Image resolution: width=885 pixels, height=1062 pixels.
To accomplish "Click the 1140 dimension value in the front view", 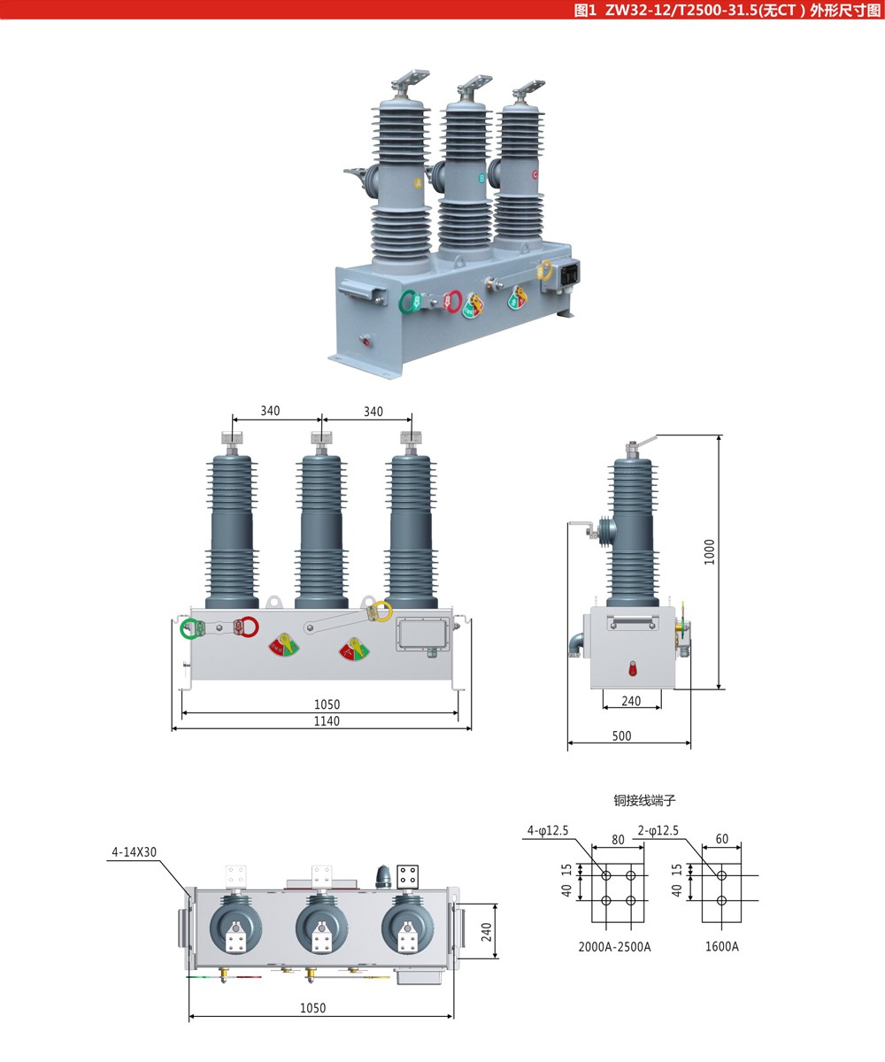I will [327, 721].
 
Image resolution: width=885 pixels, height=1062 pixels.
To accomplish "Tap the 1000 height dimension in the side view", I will [710, 552].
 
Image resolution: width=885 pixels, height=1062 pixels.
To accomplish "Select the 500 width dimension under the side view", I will [622, 736].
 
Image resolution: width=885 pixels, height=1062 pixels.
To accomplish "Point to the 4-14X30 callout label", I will [134, 852].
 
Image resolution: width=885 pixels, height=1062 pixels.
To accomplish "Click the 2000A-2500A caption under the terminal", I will [614, 947].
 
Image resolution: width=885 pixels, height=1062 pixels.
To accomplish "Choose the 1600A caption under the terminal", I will [722, 947].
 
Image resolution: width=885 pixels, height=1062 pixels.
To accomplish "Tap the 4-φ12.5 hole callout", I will [548, 830].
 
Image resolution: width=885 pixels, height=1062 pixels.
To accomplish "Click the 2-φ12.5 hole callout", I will [658, 830].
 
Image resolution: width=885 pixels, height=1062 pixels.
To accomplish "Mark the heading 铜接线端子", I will [644, 800].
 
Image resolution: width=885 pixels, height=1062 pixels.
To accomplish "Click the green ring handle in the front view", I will [190, 628].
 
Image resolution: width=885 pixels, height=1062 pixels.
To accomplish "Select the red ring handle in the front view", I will [249, 627].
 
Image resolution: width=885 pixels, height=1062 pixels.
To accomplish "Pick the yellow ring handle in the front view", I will [381, 610].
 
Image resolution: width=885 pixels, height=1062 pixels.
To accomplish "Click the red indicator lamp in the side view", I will [633, 668].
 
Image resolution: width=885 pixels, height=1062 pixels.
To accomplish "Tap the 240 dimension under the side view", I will [631, 701].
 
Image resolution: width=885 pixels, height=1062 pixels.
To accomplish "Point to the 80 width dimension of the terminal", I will [618, 840].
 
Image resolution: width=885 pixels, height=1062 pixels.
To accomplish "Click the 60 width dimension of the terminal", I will [722, 839].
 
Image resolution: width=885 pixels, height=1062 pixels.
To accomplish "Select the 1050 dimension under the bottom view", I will [312, 1008].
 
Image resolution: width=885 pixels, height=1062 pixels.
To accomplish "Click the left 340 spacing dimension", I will [270, 411].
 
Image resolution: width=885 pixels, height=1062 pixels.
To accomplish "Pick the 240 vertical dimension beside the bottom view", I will [487, 931].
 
